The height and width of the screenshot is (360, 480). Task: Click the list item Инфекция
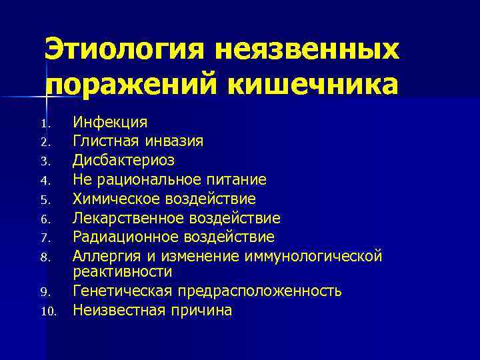[x=110, y=123]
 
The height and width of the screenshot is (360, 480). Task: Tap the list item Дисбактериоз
[x=123, y=161]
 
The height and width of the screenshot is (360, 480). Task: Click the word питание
[x=238, y=180]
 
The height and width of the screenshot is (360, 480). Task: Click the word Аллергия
[x=102, y=256]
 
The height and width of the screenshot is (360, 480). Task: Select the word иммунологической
[x=321, y=256]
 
